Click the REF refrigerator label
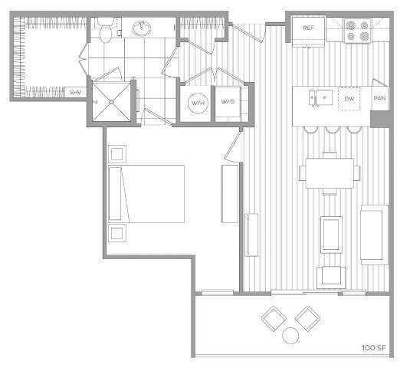point(308,28)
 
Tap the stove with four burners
point(356,30)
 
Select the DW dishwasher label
point(349,99)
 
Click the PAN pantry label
point(379,99)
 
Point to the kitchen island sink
point(320,97)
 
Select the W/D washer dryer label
point(227,102)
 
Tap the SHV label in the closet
point(75,92)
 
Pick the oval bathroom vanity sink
point(142,30)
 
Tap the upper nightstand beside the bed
point(117,153)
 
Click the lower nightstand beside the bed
point(117,233)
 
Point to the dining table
point(330,172)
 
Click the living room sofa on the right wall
point(374,234)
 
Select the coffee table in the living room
point(331,235)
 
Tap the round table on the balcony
point(291,335)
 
